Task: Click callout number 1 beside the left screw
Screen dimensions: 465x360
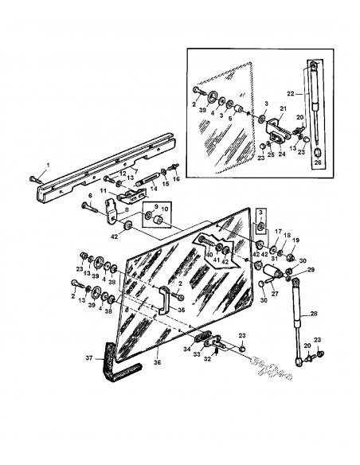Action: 47,164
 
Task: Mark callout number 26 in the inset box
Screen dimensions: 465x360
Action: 318,165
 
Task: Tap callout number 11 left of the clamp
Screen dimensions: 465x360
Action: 103,191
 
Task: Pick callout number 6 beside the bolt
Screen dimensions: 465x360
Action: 91,196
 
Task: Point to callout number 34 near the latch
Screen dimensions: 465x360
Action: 188,348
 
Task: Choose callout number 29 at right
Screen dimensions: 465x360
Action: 311,271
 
